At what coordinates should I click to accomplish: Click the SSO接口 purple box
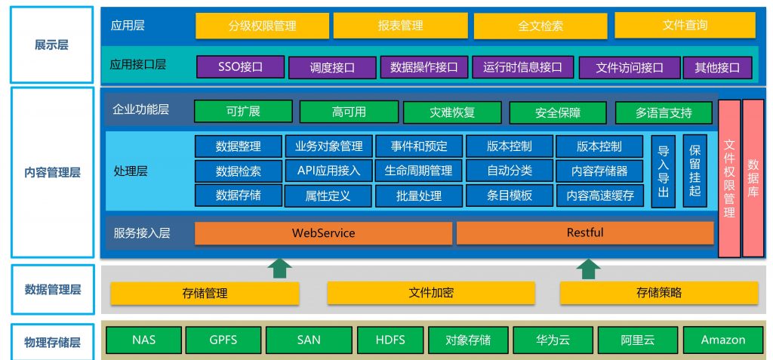[x=241, y=67]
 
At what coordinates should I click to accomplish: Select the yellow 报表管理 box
[x=400, y=26]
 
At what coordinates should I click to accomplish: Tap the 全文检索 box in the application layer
[x=540, y=26]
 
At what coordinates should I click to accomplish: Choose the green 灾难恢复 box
[x=452, y=112]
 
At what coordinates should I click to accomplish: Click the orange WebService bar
[x=323, y=233]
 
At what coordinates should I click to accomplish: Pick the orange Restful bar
[x=585, y=232]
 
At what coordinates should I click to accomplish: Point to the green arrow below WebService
[x=279, y=269]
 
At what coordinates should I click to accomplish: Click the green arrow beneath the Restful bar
[x=588, y=269]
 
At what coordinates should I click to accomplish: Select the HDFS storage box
[x=390, y=340]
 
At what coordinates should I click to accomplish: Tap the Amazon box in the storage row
[x=723, y=340]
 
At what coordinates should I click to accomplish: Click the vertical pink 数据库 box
[x=753, y=178]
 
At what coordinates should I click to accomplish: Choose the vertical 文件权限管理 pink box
[x=729, y=178]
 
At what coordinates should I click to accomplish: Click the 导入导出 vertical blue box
[x=663, y=171]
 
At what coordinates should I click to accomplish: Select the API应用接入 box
[x=328, y=171]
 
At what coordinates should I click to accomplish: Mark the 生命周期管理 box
[x=418, y=171]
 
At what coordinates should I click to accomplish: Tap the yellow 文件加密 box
[x=431, y=293]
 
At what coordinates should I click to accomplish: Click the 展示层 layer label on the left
[x=52, y=45]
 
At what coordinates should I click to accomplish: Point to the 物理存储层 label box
[x=52, y=342]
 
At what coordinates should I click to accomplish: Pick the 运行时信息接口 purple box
[x=522, y=67]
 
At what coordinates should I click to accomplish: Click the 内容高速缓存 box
[x=599, y=195]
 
